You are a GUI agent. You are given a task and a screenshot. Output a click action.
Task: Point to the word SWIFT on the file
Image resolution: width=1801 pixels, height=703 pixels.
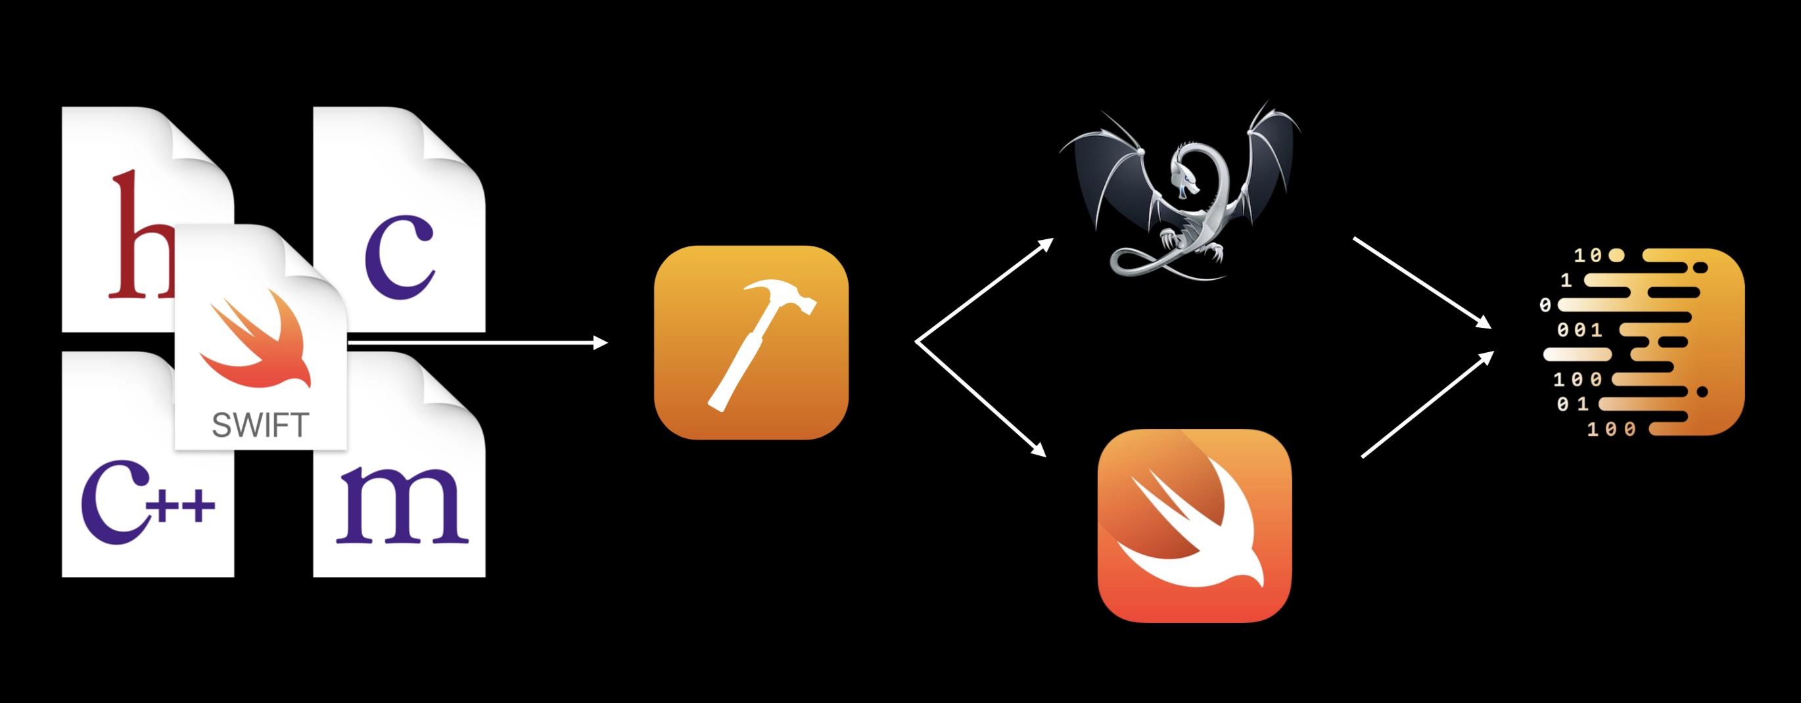coord(260,426)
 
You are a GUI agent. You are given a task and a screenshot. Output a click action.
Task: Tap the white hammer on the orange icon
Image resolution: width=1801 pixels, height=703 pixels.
coord(759,342)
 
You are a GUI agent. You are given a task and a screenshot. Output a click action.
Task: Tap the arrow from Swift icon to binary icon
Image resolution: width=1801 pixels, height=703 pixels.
coord(1427,405)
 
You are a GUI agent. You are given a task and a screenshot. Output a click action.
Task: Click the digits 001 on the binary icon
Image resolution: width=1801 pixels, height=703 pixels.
coord(1579,330)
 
